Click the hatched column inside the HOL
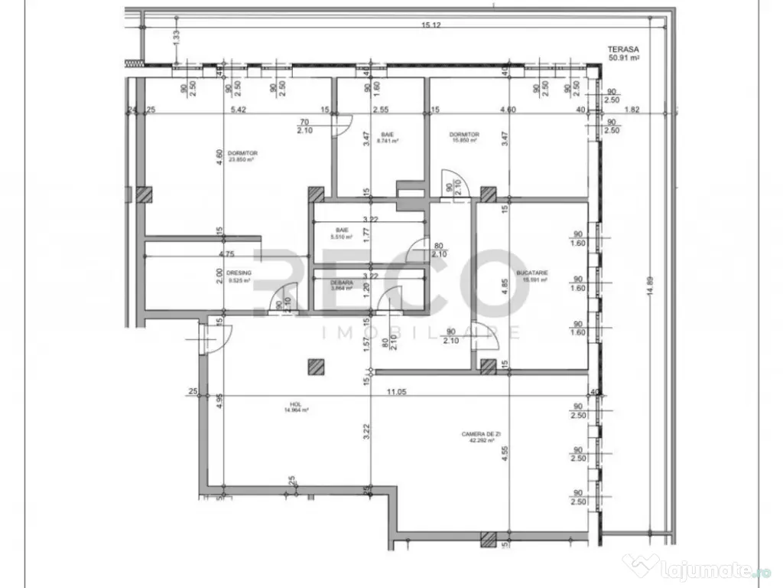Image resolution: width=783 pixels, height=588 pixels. [312, 367]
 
